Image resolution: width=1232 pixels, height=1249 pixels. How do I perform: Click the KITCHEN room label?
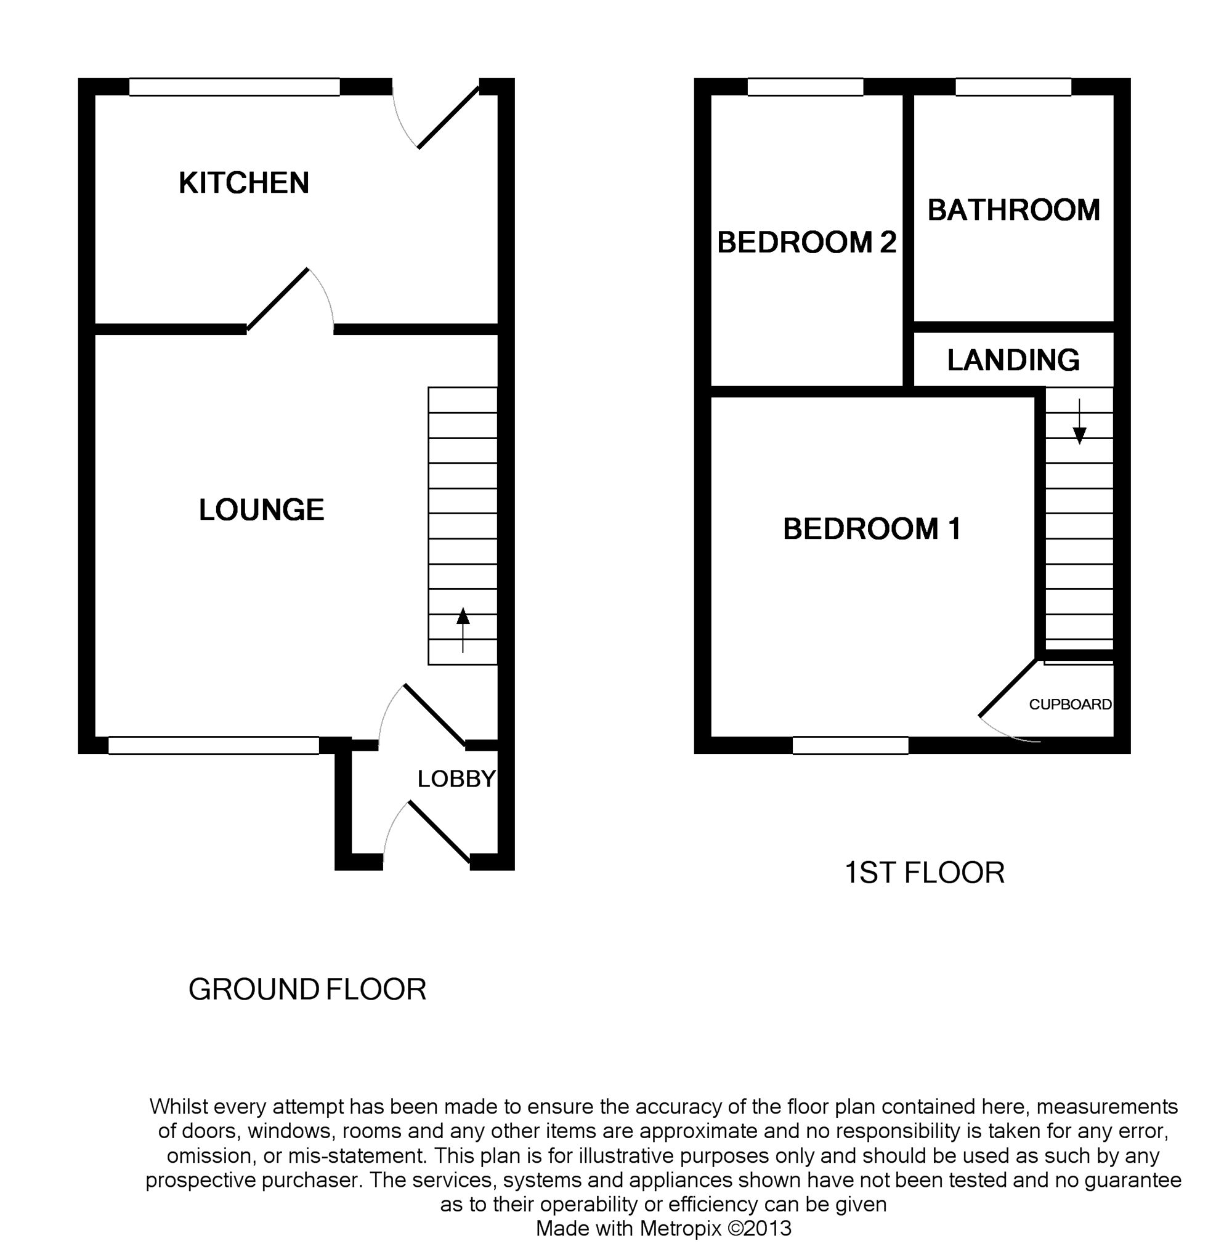(x=244, y=183)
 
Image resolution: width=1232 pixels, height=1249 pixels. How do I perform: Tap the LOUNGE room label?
(x=261, y=510)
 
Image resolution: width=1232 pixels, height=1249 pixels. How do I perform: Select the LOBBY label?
(x=456, y=779)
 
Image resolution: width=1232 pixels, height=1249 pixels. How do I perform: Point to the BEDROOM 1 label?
(x=872, y=529)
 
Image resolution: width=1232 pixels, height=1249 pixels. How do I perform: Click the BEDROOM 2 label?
(x=806, y=243)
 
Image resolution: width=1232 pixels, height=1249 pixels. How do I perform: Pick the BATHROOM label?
(x=1013, y=210)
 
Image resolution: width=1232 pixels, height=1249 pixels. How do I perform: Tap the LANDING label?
(x=1013, y=360)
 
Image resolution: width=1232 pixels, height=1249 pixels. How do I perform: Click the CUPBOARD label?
(x=1069, y=705)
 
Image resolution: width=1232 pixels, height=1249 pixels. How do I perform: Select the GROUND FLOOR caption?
(x=307, y=990)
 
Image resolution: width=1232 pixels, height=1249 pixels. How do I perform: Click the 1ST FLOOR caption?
(x=924, y=873)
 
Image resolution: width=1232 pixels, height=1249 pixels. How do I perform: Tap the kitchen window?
(x=234, y=87)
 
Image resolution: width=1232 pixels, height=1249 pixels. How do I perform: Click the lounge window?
(x=213, y=745)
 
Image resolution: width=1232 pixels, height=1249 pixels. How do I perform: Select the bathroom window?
(x=1013, y=87)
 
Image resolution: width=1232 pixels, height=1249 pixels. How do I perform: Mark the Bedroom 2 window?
(x=805, y=87)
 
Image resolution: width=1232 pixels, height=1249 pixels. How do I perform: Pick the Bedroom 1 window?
(x=851, y=745)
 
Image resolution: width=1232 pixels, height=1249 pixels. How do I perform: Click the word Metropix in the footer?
(x=679, y=1227)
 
